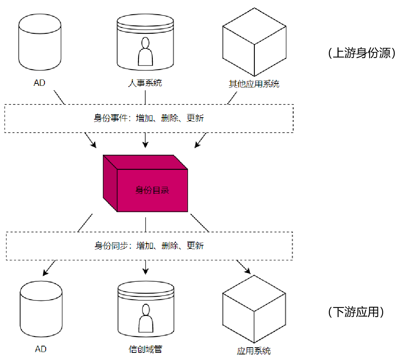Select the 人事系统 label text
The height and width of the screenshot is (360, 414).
(145, 83)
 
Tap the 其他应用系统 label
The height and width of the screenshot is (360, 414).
(254, 84)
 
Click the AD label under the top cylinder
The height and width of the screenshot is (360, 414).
(39, 83)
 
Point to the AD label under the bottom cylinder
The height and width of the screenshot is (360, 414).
(41, 349)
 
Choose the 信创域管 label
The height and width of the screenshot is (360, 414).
(146, 349)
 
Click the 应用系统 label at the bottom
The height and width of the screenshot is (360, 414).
(254, 350)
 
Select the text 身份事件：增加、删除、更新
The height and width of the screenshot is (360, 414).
(149, 118)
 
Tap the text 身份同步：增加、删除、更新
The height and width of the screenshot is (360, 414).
(149, 246)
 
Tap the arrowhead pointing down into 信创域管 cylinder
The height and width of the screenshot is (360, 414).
(146, 272)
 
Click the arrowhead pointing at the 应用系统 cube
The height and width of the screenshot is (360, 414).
(248, 271)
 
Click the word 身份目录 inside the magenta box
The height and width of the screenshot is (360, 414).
(152, 190)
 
